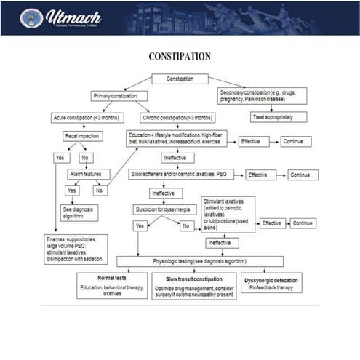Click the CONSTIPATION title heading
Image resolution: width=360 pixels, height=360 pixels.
pos(180,57)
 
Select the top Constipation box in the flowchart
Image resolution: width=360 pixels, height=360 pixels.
pos(180,79)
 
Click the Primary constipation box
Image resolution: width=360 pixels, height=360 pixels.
pos(119,96)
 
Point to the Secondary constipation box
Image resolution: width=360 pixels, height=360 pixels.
pos(263,96)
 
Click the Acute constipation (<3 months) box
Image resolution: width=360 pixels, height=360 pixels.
pos(87,117)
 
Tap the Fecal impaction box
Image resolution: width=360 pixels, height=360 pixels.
pos(82,136)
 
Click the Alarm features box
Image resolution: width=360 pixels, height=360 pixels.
pos(89,175)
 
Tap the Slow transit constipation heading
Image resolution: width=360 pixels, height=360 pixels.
pos(193,279)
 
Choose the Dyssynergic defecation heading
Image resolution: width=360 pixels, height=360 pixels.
pos(271,279)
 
